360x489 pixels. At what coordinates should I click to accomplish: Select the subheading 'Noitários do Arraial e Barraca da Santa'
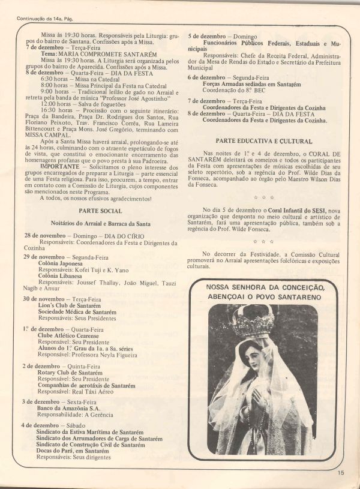point(100,223)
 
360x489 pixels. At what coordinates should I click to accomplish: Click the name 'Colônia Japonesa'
point(64,263)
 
